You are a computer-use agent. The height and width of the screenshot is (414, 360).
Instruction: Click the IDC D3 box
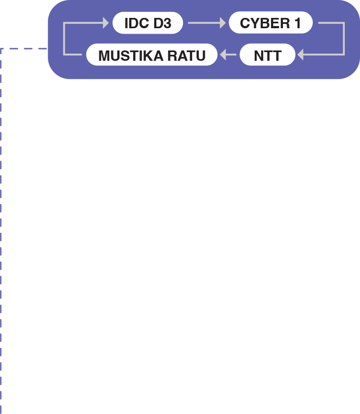148,23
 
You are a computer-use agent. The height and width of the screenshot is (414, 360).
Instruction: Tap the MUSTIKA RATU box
152,55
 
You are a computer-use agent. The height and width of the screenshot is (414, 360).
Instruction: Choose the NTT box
268,55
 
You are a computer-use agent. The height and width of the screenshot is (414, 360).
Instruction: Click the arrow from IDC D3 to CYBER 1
206,23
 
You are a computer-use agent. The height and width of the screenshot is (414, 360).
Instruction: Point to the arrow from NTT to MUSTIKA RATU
228,55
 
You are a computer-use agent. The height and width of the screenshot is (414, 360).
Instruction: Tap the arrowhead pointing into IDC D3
106,23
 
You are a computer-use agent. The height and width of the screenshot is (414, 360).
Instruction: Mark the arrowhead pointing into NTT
300,55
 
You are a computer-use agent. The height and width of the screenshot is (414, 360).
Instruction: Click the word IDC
136,23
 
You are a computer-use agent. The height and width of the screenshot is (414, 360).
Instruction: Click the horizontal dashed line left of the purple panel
24,48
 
